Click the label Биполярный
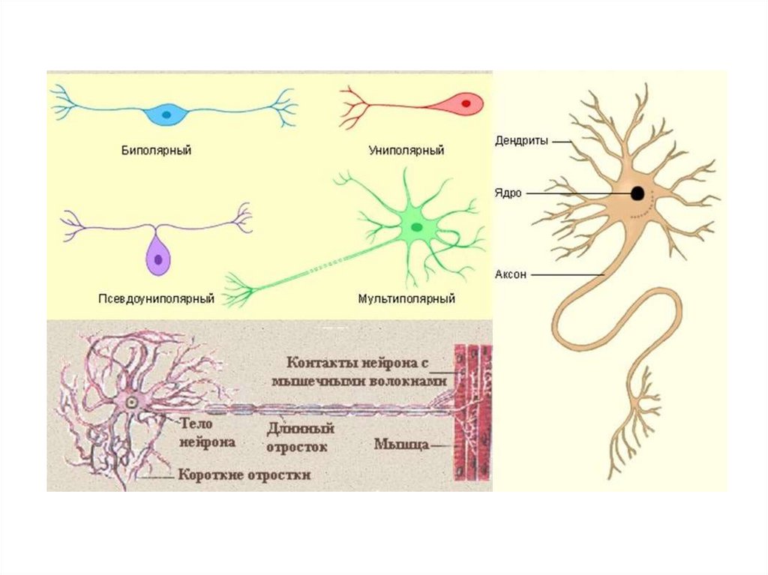pos(156,151)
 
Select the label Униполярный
pos(406,151)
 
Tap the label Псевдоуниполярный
pos(156,299)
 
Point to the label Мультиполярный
pos(406,299)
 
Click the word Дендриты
pos(522,140)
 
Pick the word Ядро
pos(507,193)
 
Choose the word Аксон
pos(511,275)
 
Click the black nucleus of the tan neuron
pos(637,193)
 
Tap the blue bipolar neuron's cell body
pos(167,115)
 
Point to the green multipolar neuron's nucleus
pos(415,226)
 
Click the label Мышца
pos(401,445)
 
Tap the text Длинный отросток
pos(299,437)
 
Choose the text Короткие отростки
pos(244,475)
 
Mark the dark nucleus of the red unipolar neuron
pos(466,103)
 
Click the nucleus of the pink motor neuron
pos(132,403)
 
